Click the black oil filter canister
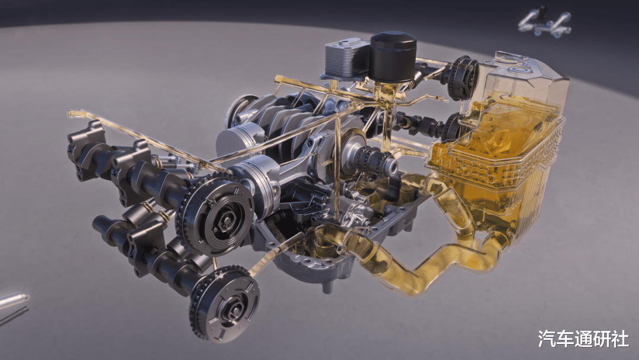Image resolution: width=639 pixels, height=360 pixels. tap(393, 56)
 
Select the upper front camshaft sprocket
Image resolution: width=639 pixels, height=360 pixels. tap(215, 214)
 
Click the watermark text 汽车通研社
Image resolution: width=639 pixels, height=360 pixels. tap(583, 339)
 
